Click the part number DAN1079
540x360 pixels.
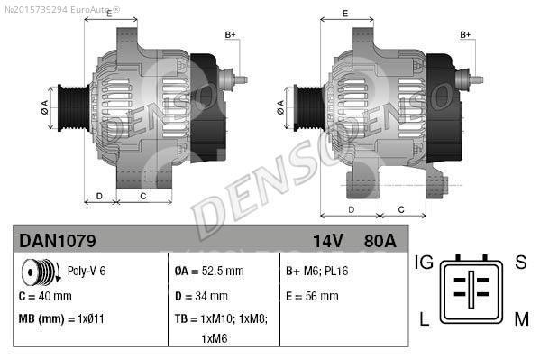[58, 242]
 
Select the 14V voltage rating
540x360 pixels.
[328, 242]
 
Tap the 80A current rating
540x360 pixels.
[380, 242]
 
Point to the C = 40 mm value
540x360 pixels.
[45, 296]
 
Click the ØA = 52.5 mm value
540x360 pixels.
[209, 271]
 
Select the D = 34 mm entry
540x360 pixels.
[201, 296]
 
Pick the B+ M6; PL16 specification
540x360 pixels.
[316, 271]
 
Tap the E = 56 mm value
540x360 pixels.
[312, 296]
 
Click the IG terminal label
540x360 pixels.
[423, 263]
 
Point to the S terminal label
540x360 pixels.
[520, 263]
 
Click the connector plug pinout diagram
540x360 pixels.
[471, 291]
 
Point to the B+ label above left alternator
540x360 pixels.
[230, 34]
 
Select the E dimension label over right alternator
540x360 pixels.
[345, 13]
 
